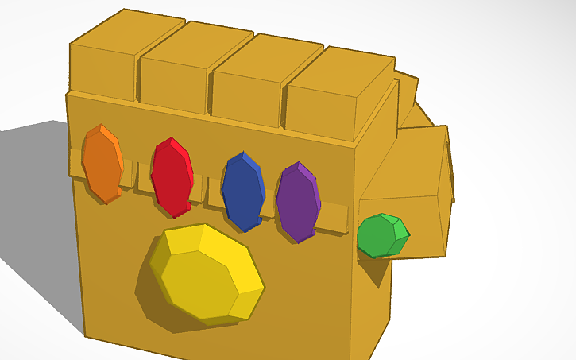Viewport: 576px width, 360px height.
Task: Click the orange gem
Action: (102, 164)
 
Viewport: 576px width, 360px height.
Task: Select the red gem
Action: (171, 176)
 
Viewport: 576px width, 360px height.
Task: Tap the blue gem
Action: (242, 190)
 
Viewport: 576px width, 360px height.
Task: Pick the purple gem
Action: (297, 201)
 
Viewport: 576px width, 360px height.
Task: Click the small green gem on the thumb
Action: (381, 235)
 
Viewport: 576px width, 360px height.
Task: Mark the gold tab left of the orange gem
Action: (75, 163)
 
